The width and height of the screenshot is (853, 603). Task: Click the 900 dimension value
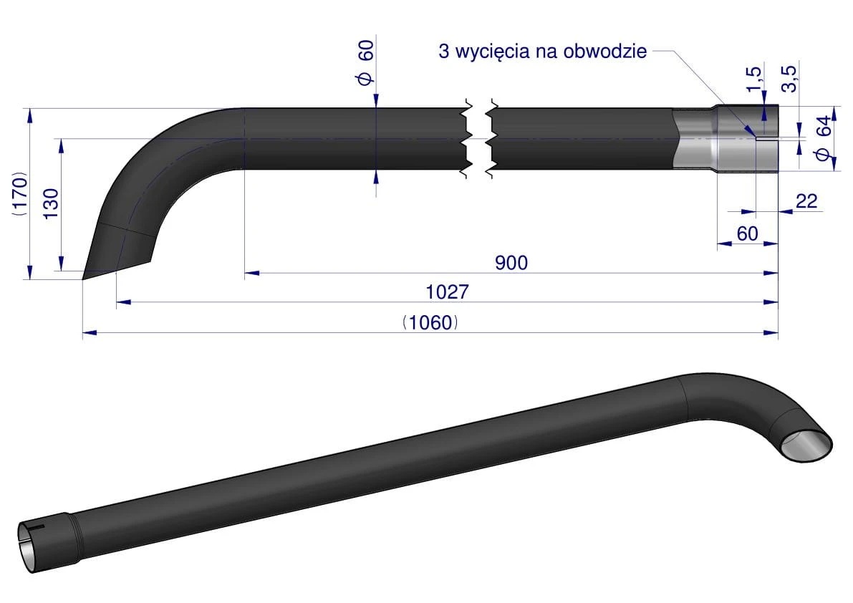click(511, 263)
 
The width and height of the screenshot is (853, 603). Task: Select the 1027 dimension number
click(446, 292)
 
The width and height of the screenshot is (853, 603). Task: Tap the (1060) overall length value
click(430, 323)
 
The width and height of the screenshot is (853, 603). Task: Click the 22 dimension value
click(806, 201)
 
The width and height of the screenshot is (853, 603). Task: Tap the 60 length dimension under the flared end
click(747, 233)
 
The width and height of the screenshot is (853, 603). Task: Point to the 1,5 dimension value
click(752, 79)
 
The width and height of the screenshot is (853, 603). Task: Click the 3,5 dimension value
click(789, 77)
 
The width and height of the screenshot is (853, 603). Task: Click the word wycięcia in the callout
click(494, 52)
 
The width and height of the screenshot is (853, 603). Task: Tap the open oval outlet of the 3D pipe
click(806, 445)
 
